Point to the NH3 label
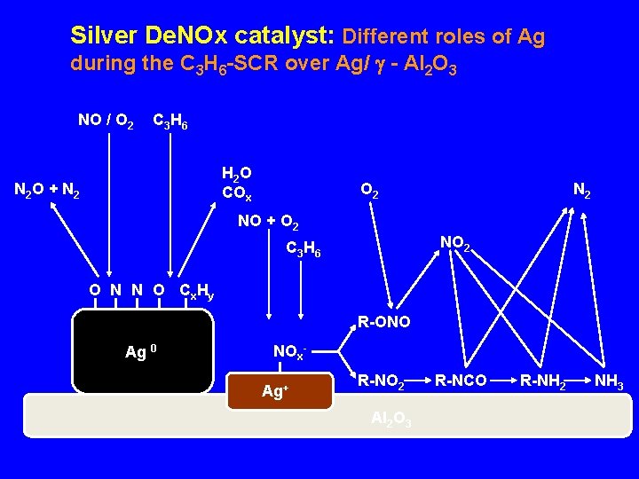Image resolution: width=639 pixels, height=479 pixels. pyautogui.click(x=609, y=382)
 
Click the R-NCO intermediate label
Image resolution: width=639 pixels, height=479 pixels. pyautogui.click(x=460, y=381)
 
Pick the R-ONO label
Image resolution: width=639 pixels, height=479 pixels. pyautogui.click(x=383, y=322)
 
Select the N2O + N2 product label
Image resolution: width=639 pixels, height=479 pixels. pyautogui.click(x=46, y=190)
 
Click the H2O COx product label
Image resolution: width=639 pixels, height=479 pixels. pyautogui.click(x=237, y=183)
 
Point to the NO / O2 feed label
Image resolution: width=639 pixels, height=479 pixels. pyautogui.click(x=106, y=121)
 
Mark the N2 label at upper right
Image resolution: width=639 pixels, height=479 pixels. pyautogui.click(x=582, y=190)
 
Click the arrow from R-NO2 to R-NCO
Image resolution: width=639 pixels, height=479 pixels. pyautogui.click(x=420, y=381)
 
